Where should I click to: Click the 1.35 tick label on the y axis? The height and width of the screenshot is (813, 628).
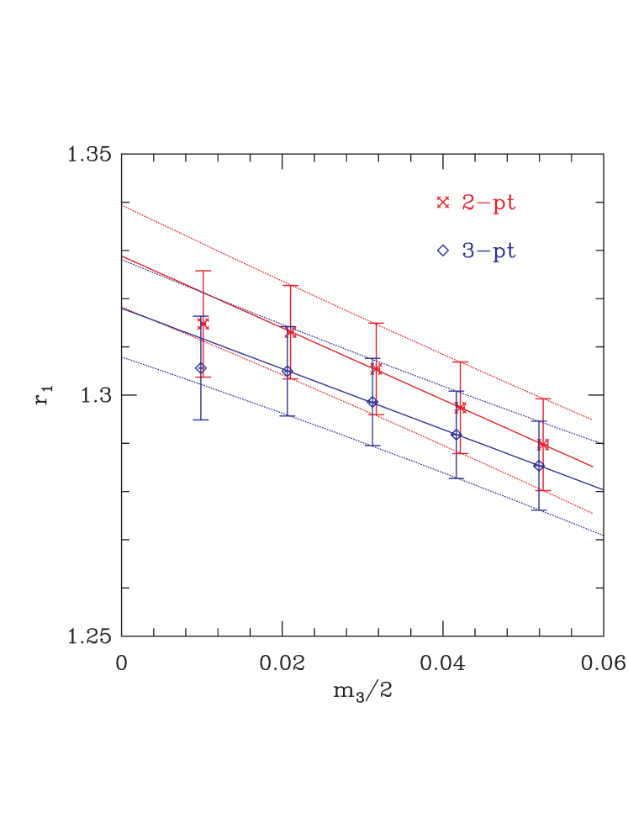click(x=88, y=155)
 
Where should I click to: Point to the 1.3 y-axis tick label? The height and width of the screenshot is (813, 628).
click(x=94, y=395)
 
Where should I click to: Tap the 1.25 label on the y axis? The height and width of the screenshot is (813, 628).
click(x=88, y=636)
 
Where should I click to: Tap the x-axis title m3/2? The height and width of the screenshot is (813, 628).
click(x=362, y=692)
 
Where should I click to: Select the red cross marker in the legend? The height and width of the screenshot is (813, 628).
click(x=443, y=203)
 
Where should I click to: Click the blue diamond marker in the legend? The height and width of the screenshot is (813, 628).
click(x=443, y=251)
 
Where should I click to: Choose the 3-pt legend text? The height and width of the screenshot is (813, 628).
click(x=488, y=251)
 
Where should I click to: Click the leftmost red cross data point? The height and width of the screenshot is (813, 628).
click(x=203, y=325)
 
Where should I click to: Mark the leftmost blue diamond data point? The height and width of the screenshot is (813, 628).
click(x=200, y=368)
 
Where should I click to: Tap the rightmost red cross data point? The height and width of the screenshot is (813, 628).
click(x=543, y=444)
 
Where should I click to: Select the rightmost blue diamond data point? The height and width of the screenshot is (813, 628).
click(x=539, y=466)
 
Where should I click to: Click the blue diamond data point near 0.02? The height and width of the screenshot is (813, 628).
click(x=287, y=371)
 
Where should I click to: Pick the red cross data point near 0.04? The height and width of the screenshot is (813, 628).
click(x=461, y=408)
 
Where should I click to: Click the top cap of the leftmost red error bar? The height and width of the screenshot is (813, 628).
click(x=203, y=271)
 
